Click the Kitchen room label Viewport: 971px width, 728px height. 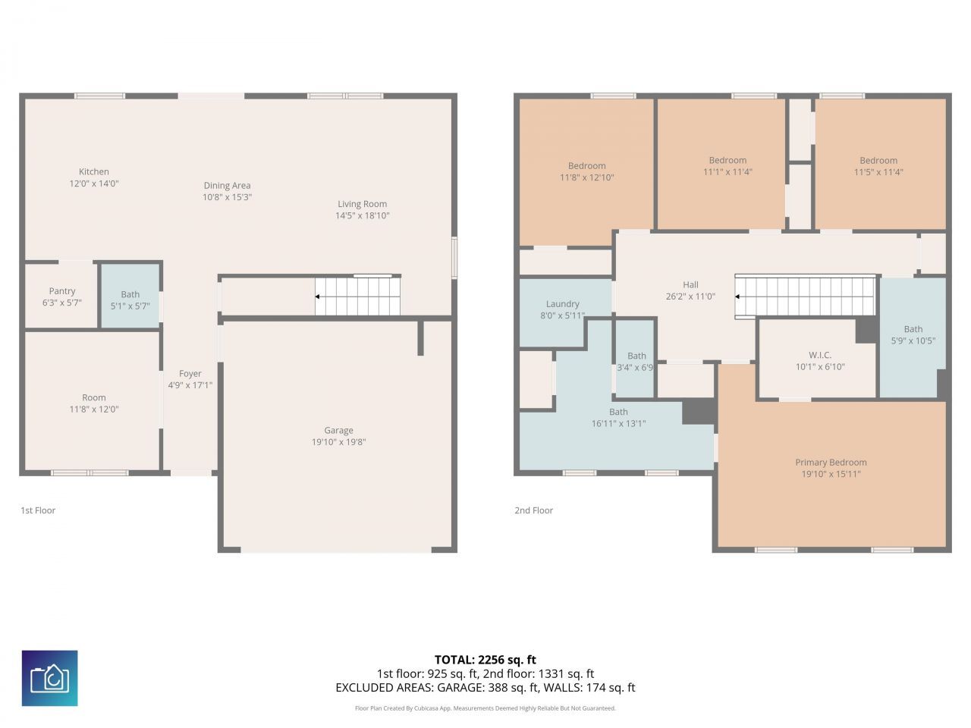(x=94, y=172)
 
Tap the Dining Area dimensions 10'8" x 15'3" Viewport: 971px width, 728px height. (x=227, y=197)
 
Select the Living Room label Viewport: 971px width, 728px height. (x=362, y=204)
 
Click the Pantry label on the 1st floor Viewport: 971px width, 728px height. (x=62, y=291)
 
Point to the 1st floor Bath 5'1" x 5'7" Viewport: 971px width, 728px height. (x=130, y=300)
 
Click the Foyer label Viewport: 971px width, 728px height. (x=190, y=374)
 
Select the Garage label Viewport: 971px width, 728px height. (x=338, y=431)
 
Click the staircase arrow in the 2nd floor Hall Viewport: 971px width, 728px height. (x=740, y=297)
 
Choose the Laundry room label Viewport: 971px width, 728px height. (x=562, y=304)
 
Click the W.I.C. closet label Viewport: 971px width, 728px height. (x=819, y=355)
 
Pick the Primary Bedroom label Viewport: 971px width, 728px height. (x=831, y=463)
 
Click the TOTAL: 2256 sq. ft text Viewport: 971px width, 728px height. (x=485, y=660)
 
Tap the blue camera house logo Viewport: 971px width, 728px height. (x=49, y=678)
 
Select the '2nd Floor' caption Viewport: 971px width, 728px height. (x=533, y=510)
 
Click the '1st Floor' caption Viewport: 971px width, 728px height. (x=38, y=510)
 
